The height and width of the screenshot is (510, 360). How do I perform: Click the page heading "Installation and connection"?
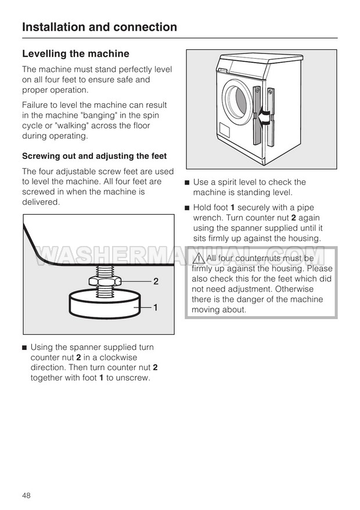(x=99, y=27)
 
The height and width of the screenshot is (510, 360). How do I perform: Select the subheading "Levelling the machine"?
(x=75, y=54)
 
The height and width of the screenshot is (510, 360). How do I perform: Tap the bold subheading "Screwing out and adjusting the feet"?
(x=94, y=156)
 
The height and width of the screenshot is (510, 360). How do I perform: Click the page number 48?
(x=27, y=495)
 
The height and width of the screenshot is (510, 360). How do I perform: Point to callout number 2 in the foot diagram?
(x=156, y=282)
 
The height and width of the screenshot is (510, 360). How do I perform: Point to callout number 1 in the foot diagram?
(x=156, y=307)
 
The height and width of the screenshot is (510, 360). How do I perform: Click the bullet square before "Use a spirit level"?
(x=187, y=182)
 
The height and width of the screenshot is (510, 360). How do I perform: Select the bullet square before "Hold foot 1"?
(x=187, y=208)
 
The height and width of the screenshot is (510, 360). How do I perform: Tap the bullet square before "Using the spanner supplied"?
(x=24, y=347)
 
